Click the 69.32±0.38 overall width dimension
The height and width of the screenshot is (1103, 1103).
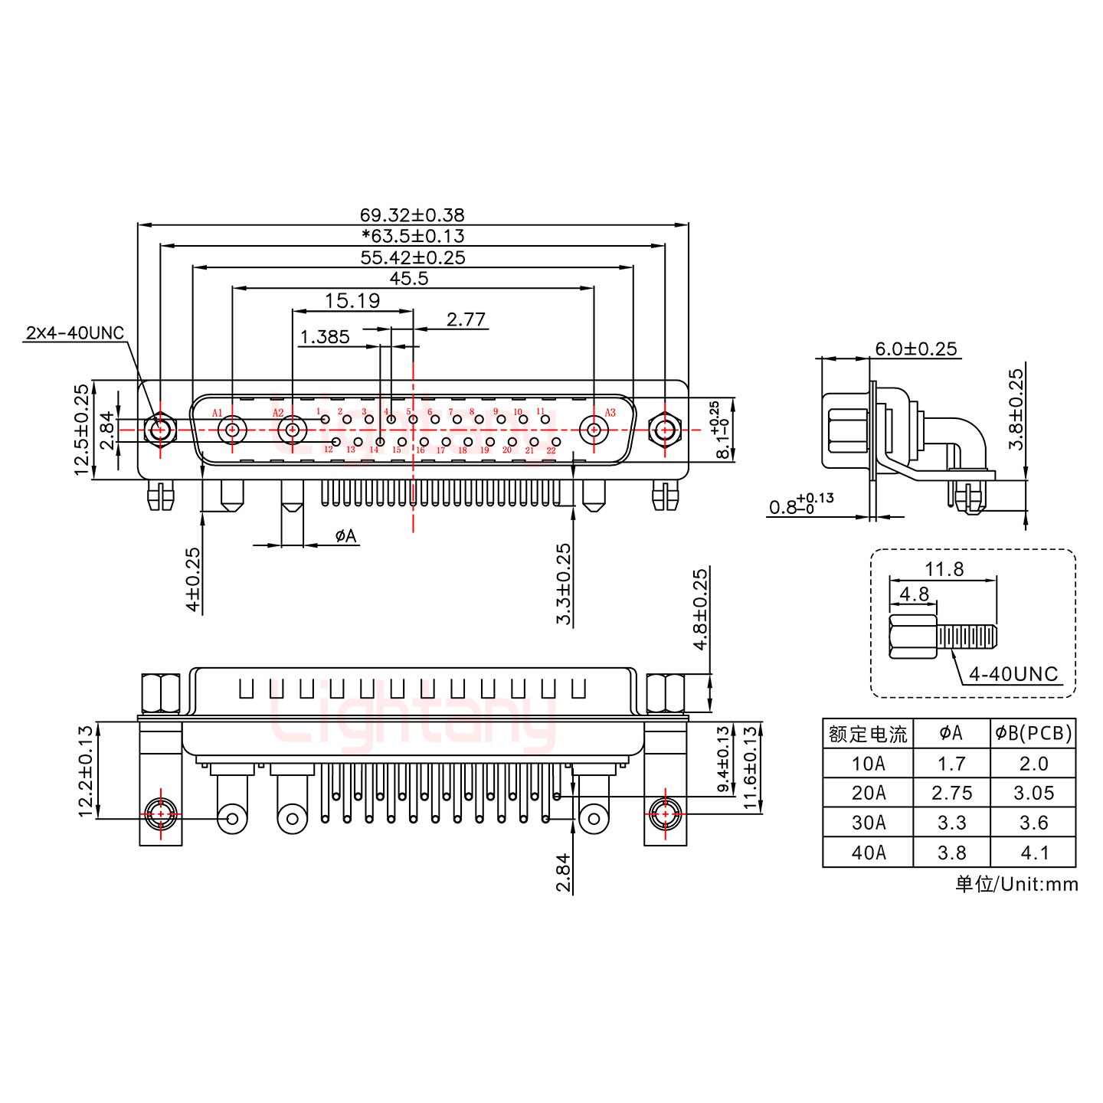(x=412, y=215)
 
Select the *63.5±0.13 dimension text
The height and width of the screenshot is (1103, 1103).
(x=412, y=236)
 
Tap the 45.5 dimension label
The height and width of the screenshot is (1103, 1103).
(x=408, y=278)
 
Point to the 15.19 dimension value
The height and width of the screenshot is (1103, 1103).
(x=352, y=300)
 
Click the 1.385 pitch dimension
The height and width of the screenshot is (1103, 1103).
(x=325, y=336)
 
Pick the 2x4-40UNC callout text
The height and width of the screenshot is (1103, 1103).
(x=74, y=332)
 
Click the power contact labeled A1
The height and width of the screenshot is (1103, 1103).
(x=232, y=430)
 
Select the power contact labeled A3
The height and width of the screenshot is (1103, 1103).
(x=594, y=430)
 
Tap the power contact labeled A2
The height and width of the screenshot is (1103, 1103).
(x=292, y=430)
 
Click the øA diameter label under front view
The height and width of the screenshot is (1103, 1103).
(x=345, y=536)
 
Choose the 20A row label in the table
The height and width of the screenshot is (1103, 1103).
(x=868, y=793)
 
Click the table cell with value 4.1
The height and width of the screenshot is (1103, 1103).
(x=1033, y=853)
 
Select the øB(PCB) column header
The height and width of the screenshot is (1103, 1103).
(x=1033, y=734)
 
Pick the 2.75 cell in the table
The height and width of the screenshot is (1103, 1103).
(x=951, y=793)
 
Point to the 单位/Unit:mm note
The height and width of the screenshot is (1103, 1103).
(x=1016, y=884)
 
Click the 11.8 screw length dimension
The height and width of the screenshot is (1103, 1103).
(x=944, y=569)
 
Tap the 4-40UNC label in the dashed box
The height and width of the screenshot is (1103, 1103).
(x=1013, y=674)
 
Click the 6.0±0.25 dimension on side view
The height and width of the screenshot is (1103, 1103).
(x=915, y=349)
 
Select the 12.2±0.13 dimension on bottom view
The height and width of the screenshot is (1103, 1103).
(x=86, y=771)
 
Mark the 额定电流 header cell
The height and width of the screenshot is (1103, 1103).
(x=868, y=734)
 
